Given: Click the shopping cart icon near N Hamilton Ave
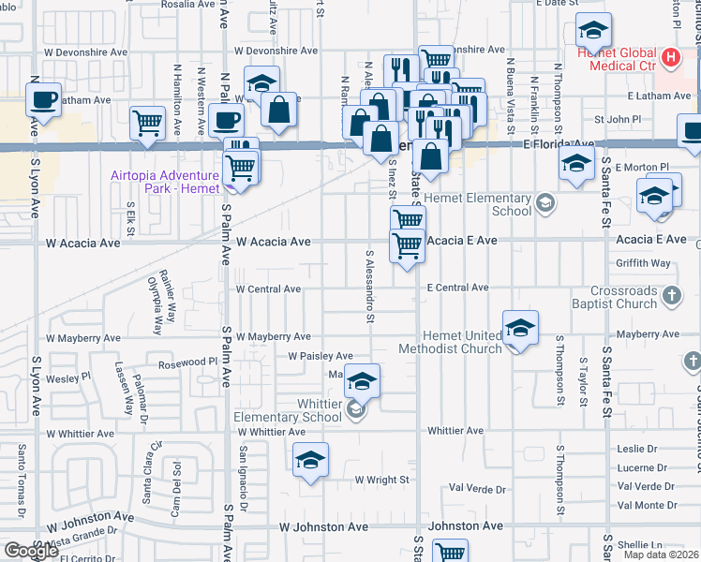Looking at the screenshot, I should pyautogui.click(x=148, y=122).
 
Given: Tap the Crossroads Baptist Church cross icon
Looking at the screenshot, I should pyautogui.click(x=671, y=297).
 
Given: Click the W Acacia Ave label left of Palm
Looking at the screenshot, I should pyautogui.click(x=83, y=243).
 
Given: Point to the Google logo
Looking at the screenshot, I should pyautogui.click(x=31, y=551).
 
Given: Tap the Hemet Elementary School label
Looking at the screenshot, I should pyautogui.click(x=478, y=204).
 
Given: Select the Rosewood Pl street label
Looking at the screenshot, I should pyautogui.click(x=187, y=362).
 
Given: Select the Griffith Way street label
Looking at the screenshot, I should pyautogui.click(x=644, y=263).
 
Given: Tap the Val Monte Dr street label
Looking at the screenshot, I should pyautogui.click(x=646, y=505).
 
